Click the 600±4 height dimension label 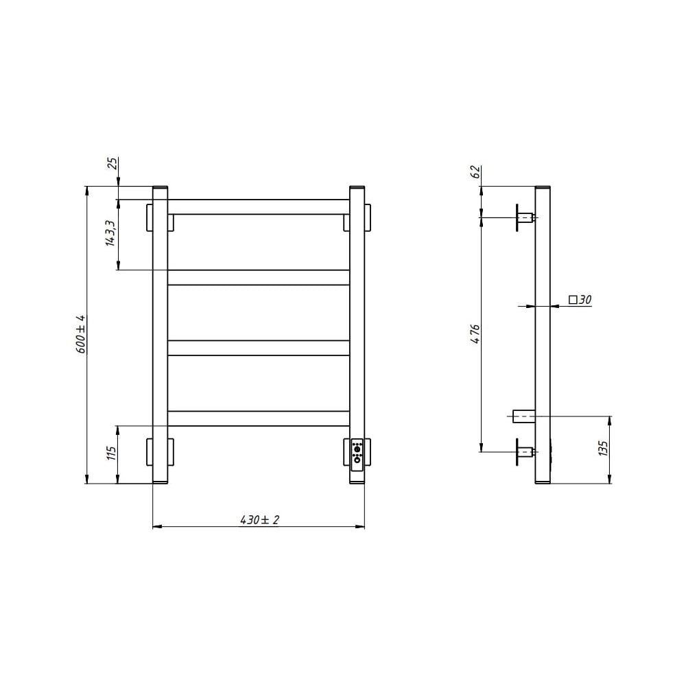pyautogui.click(x=81, y=334)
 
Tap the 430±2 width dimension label pyautogui.click(x=259, y=520)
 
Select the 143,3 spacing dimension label pyautogui.click(x=110, y=233)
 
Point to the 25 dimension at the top pyautogui.click(x=113, y=163)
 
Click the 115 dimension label pyautogui.click(x=111, y=453)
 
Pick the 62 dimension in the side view pyautogui.click(x=475, y=171)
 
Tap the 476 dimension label pyautogui.click(x=475, y=334)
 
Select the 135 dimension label pyautogui.click(x=603, y=449)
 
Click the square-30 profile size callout pyautogui.click(x=580, y=300)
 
